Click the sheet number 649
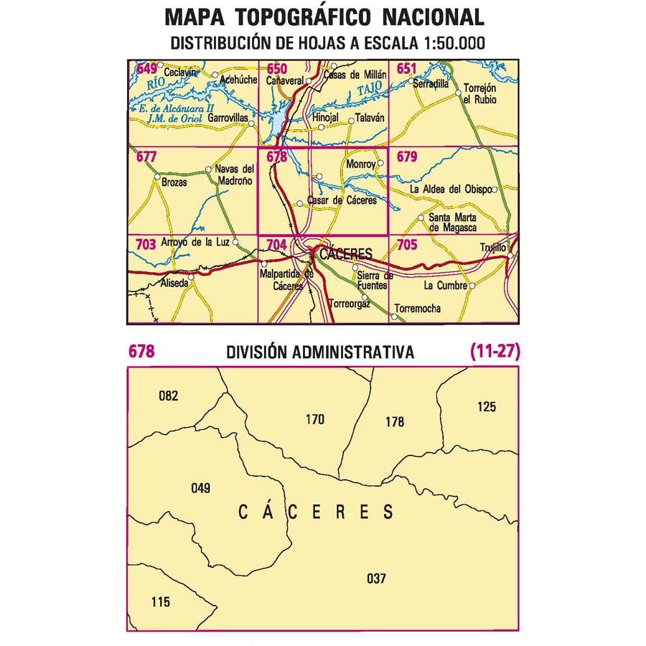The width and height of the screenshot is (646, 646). click(146, 69)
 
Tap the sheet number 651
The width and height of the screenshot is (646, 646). click(406, 69)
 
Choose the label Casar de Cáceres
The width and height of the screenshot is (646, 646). click(342, 201)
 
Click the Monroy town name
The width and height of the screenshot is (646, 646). click(360, 164)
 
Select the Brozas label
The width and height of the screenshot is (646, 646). click(174, 182)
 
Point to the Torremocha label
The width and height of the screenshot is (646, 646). click(417, 309)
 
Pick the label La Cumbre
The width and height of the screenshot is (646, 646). click(445, 286)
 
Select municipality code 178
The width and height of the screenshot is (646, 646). click(395, 423)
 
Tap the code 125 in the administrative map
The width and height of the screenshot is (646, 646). click(486, 407)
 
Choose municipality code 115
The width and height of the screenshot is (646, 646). click(161, 601)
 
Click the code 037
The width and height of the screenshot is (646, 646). click(375, 578)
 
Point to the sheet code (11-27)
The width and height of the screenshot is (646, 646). click(495, 352)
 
